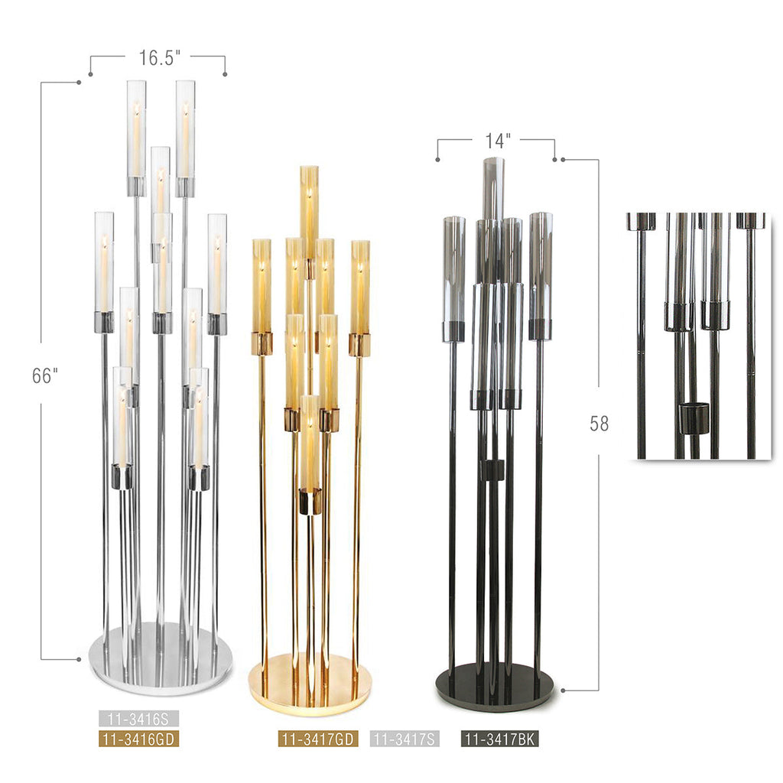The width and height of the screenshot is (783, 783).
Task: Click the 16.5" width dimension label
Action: tap(158, 58)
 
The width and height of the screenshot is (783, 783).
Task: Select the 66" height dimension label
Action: tap(45, 375)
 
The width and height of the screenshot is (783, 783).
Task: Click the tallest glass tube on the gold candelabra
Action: tap(309, 210)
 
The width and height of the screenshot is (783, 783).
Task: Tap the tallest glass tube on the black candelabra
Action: tap(494, 187)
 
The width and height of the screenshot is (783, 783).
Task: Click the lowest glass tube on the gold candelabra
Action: tap(310, 443)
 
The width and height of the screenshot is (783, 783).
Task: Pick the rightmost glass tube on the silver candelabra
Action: tap(217, 264)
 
